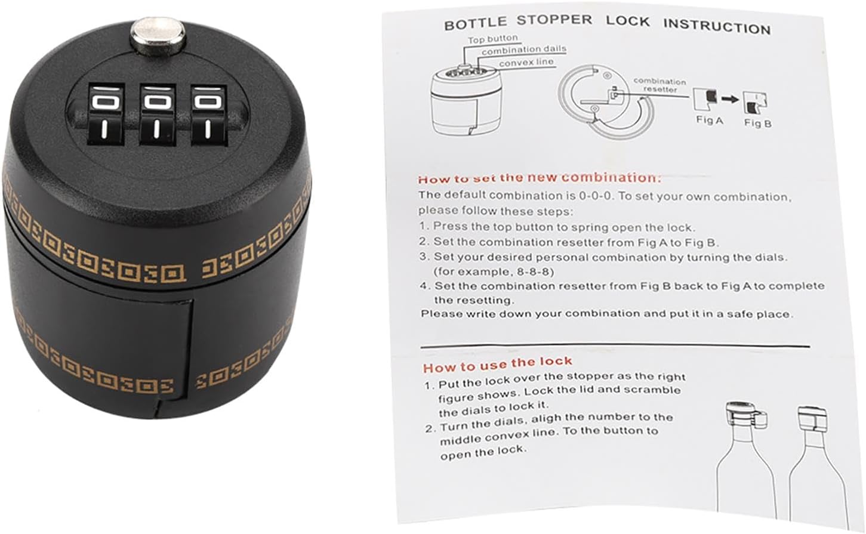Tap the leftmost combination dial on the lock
[103, 113]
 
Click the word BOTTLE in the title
[474, 24]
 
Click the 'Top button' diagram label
[492, 39]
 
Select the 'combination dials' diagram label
[523, 50]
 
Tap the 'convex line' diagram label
[526, 62]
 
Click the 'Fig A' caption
[709, 120]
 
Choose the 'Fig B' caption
[757, 123]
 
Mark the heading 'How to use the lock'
[497, 363]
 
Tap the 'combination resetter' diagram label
[659, 85]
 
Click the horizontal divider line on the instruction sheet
[615, 345]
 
